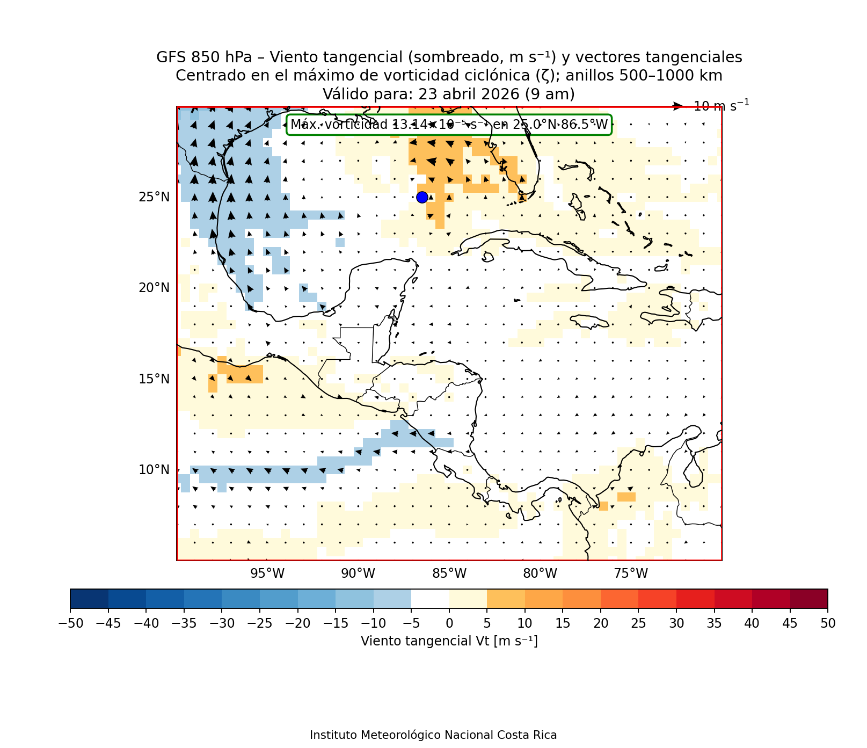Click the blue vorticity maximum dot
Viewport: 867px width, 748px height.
tap(422, 197)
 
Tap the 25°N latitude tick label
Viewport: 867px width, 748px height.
tap(154, 197)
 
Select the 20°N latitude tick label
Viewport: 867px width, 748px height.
tap(154, 288)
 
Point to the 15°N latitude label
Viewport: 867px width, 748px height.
tap(154, 379)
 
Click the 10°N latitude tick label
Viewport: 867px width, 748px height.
tap(154, 470)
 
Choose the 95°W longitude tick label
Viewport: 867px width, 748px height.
tap(267, 573)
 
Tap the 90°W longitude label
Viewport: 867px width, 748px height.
tap(358, 573)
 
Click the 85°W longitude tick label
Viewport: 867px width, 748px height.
tap(449, 573)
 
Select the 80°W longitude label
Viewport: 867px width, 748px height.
tap(540, 573)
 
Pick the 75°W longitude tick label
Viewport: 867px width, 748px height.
tap(631, 573)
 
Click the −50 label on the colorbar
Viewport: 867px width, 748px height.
tap(70, 623)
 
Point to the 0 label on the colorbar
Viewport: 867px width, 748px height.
tap(449, 623)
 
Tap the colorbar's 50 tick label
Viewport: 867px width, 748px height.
tap(828, 623)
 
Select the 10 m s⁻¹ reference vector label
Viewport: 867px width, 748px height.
tap(721, 106)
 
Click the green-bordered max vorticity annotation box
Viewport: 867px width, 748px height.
tap(449, 125)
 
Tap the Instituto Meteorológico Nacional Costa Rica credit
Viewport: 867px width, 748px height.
tap(433, 735)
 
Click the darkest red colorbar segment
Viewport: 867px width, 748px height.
tap(808, 598)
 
